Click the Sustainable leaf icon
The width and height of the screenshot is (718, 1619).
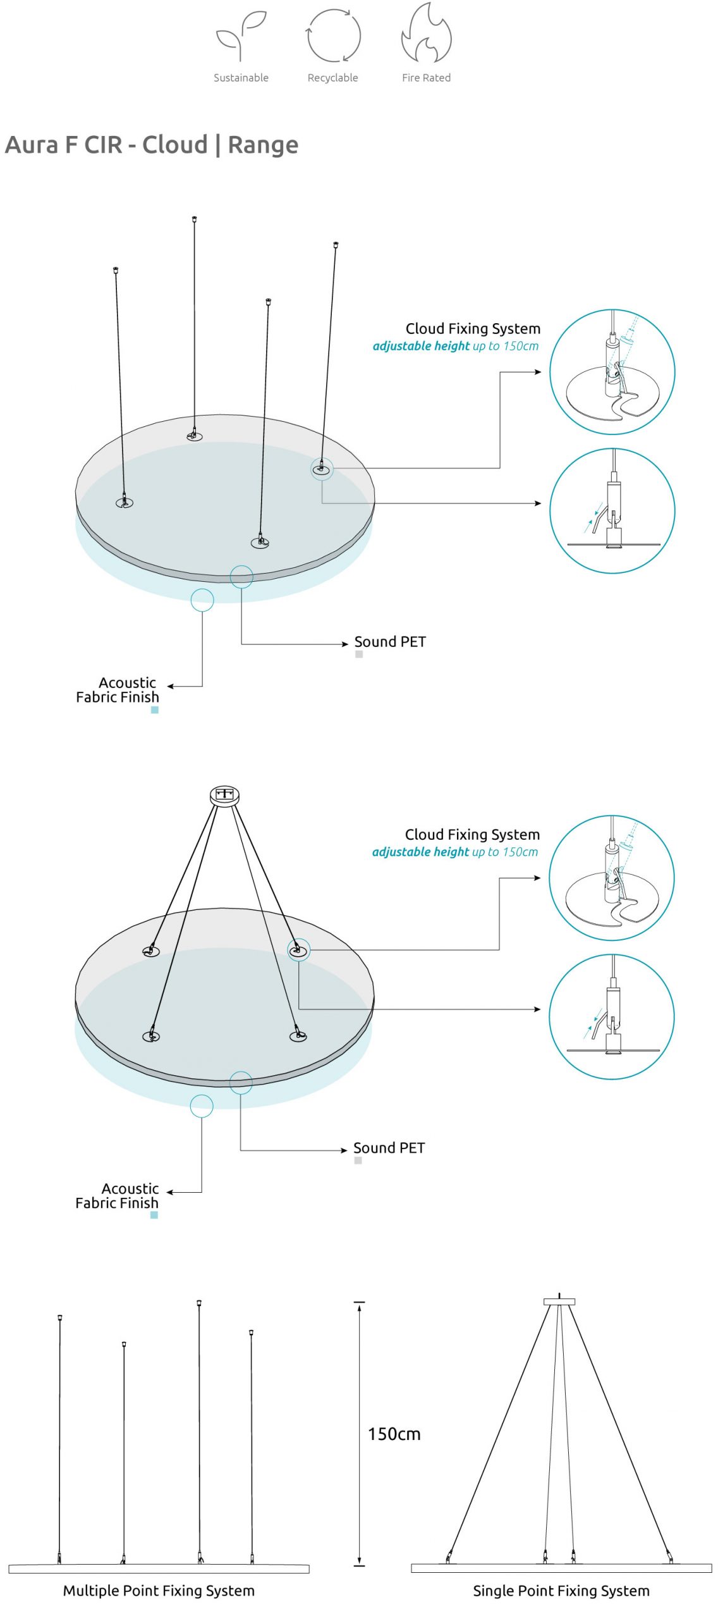tap(240, 35)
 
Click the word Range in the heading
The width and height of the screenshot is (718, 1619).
tap(262, 145)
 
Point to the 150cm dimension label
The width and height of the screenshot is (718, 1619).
tap(394, 1434)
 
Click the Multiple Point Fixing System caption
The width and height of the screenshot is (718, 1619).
tap(159, 1591)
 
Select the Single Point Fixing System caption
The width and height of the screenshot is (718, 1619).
tap(561, 1591)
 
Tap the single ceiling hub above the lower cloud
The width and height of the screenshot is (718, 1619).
tap(224, 794)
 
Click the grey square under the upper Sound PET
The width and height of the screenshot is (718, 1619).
tap(358, 655)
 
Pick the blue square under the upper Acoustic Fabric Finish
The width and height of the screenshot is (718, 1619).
tap(154, 710)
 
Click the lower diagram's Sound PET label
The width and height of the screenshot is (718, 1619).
tap(389, 1148)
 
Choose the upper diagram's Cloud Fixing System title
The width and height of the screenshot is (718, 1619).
tap(473, 329)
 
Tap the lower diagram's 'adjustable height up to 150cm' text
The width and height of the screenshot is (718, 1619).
tap(455, 852)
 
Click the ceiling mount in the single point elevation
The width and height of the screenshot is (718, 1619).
tap(559, 1301)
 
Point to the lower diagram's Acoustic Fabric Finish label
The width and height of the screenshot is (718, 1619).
tap(117, 1196)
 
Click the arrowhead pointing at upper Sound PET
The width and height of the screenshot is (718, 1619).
tap(345, 644)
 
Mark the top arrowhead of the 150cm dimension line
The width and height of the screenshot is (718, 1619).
tap(359, 1306)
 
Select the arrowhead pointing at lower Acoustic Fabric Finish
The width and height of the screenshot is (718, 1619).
tap(170, 1192)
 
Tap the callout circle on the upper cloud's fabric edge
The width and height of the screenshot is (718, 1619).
tap(202, 600)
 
